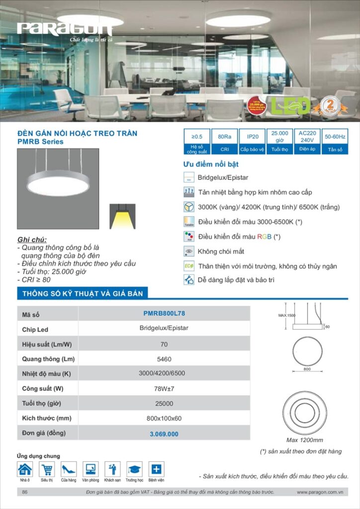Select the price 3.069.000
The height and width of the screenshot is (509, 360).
tap(164, 434)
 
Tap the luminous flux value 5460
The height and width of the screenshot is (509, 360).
tap(164, 358)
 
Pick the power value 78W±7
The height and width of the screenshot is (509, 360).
tap(164, 389)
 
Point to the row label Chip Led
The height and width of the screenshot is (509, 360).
tap(35, 330)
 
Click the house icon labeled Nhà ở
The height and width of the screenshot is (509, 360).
tap(25, 469)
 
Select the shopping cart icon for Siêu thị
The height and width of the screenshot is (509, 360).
tap(47, 469)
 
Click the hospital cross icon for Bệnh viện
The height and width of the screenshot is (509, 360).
tap(156, 469)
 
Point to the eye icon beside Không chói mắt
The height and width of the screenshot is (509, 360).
tap(188, 252)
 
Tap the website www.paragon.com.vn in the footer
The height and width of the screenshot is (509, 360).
tap(320, 492)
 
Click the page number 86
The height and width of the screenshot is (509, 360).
tap(25, 492)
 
